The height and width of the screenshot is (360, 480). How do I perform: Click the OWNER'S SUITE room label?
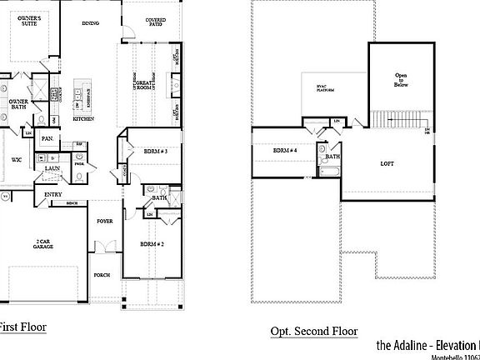pos(30,20)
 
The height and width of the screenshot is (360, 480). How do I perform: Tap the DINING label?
pos(90,23)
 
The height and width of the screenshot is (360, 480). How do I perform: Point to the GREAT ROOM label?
pos(154,85)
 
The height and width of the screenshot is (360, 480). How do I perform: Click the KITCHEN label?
pos(83,119)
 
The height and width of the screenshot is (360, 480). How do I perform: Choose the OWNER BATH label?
pos(19,104)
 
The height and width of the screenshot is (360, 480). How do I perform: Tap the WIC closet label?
pos(17,158)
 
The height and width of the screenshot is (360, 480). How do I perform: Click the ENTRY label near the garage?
pos(53,195)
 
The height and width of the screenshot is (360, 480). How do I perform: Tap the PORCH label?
pos(102,274)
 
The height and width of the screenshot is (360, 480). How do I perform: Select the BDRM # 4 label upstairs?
pos(285,151)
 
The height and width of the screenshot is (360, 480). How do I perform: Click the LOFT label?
pos(387,164)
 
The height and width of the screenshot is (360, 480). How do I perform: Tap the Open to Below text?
pos(401,79)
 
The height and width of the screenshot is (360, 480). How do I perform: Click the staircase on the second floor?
pos(397,121)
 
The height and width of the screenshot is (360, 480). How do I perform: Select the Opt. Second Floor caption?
pos(313,331)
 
